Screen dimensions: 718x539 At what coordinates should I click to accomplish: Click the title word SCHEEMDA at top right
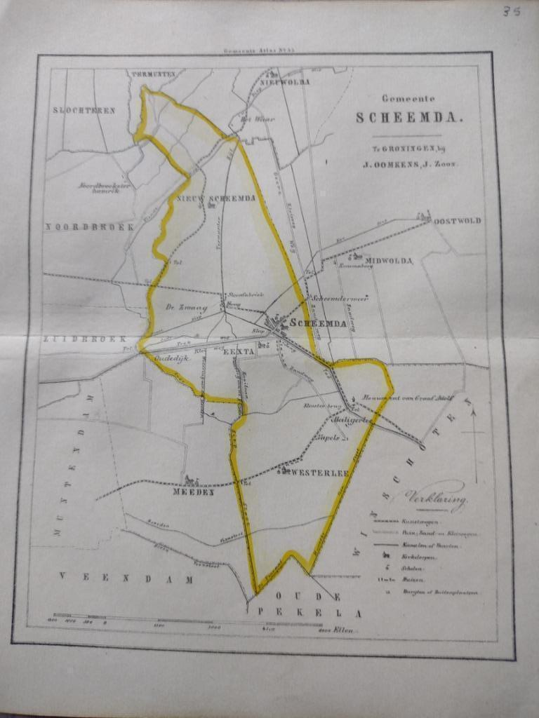[x=409, y=117]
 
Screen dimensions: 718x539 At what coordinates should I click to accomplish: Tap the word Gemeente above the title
[x=408, y=99]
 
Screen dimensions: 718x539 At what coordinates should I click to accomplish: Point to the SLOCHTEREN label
[x=84, y=110]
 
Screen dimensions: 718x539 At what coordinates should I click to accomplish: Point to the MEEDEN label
[x=192, y=492]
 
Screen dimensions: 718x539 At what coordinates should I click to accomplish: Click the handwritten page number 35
[x=510, y=12]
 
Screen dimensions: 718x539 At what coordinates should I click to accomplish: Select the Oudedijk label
[x=168, y=356]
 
